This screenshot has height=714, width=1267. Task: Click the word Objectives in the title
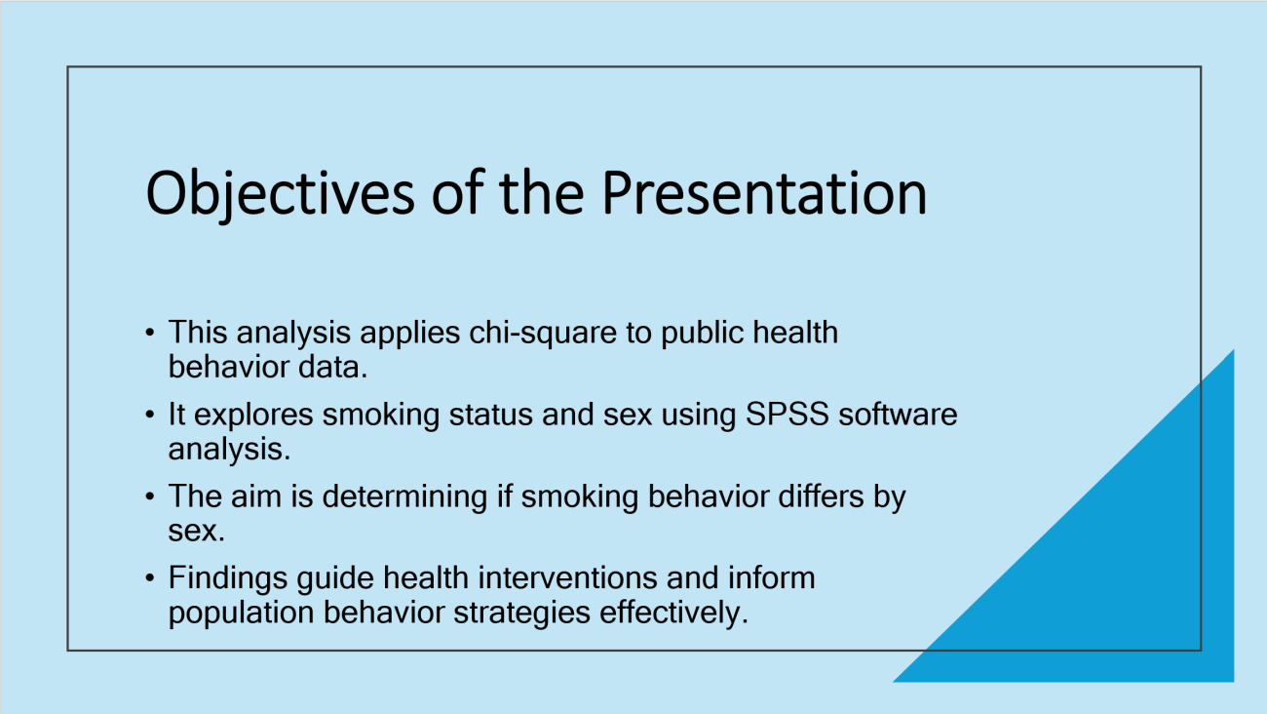coord(281,194)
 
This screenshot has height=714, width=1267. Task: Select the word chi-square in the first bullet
coord(543,334)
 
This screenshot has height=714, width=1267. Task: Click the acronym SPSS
coord(787,414)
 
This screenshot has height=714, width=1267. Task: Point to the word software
coord(898,414)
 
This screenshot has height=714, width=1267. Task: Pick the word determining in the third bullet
coord(405,497)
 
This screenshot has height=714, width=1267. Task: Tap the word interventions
coord(567,578)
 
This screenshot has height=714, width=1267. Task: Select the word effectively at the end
coord(673,614)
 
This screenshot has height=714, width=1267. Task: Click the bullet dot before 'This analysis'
coord(149,333)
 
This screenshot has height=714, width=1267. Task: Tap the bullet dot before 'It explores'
coord(149,416)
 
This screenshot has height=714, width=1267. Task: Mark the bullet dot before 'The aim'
coord(149,497)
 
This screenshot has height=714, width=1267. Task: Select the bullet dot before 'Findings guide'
coord(149,578)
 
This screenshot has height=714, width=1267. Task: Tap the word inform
coord(772,578)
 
